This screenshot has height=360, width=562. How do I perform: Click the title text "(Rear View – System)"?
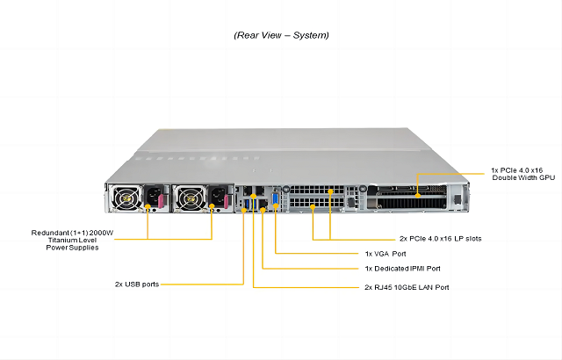click(x=281, y=36)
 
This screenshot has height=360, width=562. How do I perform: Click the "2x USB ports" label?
click(x=136, y=284)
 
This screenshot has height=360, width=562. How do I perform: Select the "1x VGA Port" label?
click(x=391, y=254)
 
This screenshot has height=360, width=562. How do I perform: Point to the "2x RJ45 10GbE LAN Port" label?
click(x=414, y=287)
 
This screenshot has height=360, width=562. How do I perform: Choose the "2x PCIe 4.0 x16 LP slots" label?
click(x=440, y=238)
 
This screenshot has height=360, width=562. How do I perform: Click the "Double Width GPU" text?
click(x=522, y=176)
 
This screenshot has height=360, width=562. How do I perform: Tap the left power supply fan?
click(x=127, y=198)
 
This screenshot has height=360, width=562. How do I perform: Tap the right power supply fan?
click(x=187, y=198)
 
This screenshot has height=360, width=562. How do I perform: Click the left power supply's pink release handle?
click(x=163, y=204)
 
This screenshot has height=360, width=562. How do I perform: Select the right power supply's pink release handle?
click(x=223, y=205)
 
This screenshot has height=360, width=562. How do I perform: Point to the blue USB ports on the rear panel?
click(x=243, y=204)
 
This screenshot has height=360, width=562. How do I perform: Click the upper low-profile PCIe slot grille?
click(x=313, y=191)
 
